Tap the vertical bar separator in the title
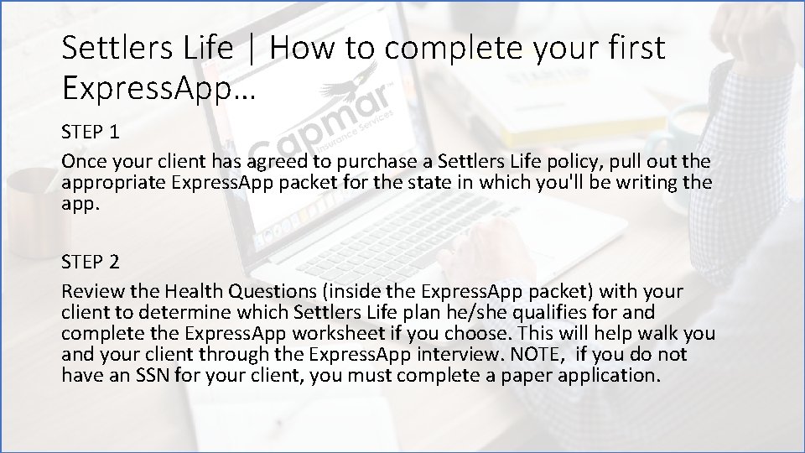tap(251, 50)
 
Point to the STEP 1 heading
tap(91, 133)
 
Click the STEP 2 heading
tap(91, 261)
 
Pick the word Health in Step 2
tap(194, 291)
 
